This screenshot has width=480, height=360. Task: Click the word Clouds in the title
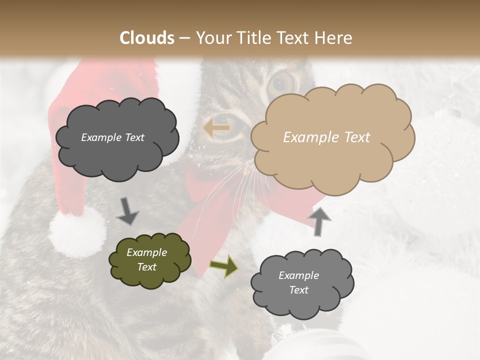(x=147, y=38)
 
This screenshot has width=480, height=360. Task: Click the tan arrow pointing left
(x=216, y=128)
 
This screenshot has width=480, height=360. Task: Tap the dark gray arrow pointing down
(x=127, y=211)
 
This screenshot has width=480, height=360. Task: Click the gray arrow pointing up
(x=318, y=221)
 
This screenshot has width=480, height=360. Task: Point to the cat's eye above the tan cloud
(x=282, y=82)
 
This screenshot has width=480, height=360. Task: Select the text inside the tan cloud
(x=326, y=137)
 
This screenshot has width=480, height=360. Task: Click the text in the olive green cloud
(x=146, y=259)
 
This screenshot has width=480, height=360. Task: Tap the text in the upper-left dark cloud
(x=112, y=137)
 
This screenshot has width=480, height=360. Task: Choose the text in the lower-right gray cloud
(x=298, y=282)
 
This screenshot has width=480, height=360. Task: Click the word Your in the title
(x=212, y=38)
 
